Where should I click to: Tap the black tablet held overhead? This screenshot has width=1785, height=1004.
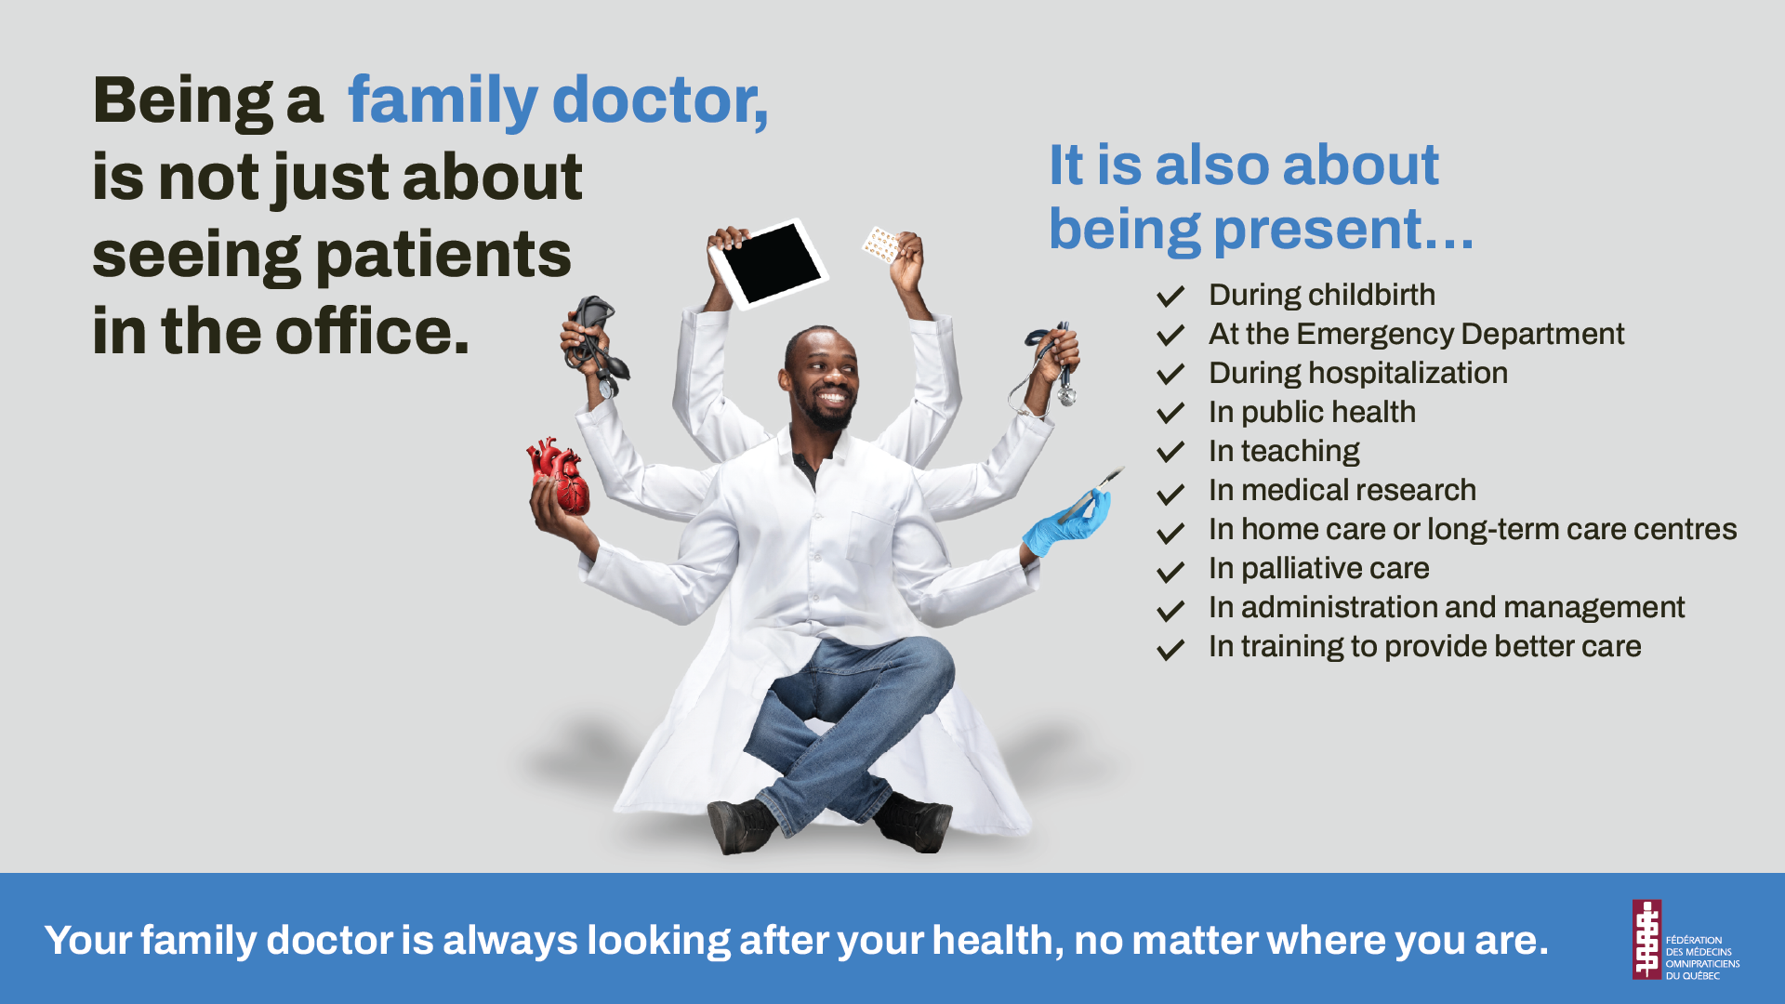pos(769,264)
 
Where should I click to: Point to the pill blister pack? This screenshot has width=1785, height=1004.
pos(880,244)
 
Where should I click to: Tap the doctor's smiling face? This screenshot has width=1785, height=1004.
pos(822,381)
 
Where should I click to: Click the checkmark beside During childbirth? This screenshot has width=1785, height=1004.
pos(1170,297)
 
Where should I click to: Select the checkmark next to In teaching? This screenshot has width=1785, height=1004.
pos(1170,452)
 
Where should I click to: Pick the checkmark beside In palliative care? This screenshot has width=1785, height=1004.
pos(1170,571)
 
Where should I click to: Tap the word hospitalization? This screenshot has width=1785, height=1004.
pos(1408,373)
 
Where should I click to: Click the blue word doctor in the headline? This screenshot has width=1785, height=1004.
pos(660,99)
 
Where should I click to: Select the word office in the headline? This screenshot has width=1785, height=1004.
pos(372,331)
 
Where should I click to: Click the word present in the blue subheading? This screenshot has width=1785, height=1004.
pos(1317,230)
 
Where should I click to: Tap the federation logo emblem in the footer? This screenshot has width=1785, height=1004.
pos(1646,939)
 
